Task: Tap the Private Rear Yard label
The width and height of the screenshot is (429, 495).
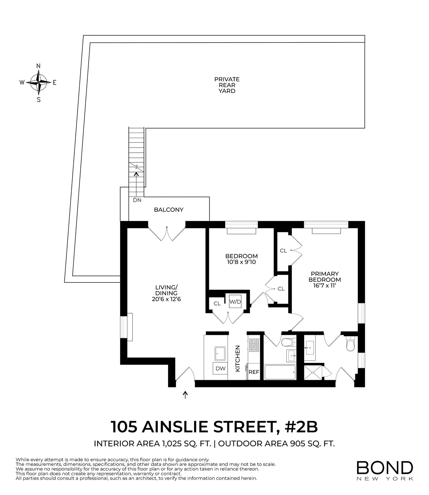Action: [x=227, y=85]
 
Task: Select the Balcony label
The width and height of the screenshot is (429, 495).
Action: [x=168, y=210]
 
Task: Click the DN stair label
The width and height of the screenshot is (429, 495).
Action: [x=137, y=200]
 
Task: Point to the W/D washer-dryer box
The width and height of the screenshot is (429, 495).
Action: [x=235, y=302]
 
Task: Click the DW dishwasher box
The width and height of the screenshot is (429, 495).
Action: [x=220, y=368]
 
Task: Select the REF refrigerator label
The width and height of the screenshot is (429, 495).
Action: [x=254, y=372]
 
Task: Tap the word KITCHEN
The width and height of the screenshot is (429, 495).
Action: [x=237, y=358]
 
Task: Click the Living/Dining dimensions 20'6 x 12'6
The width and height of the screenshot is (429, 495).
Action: [x=166, y=299]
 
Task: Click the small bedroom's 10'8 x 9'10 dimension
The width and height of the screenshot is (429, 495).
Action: [x=241, y=262]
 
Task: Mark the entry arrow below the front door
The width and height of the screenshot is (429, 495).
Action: [x=185, y=394]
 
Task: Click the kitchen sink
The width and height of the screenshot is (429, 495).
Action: [x=220, y=354]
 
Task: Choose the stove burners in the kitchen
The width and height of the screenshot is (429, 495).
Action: [x=253, y=345]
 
